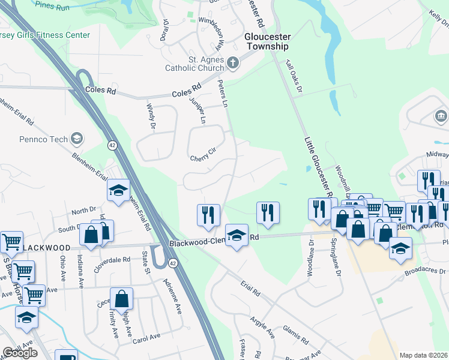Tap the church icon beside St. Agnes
click(233, 62)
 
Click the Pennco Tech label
click(45, 139)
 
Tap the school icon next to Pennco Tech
click(76, 139)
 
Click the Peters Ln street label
click(223, 94)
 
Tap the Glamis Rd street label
click(297, 338)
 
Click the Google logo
click(20, 353)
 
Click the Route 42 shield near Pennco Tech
click(112, 145)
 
